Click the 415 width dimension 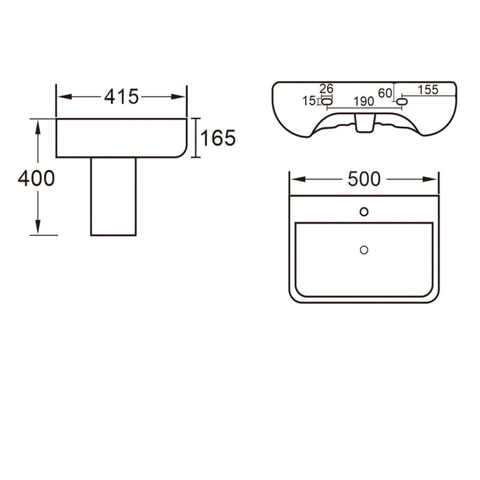click(121, 97)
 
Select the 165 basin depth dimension click(218, 138)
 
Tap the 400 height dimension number click(36, 178)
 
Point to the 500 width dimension click(364, 179)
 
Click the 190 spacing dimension click(363, 101)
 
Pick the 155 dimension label click(428, 90)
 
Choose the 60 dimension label click(385, 93)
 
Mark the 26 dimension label click(326, 88)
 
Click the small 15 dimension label click(309, 101)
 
